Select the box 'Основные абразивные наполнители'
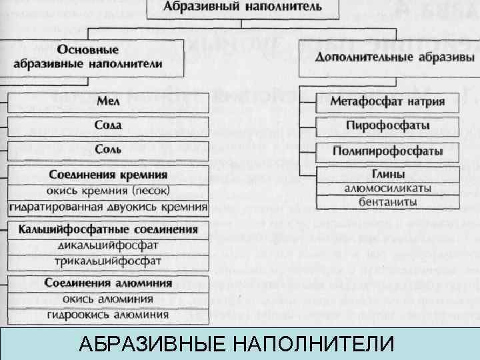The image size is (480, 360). (109, 56)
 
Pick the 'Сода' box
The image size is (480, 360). (109, 125)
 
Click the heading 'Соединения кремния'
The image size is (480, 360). (109, 175)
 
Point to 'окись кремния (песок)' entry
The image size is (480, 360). (109, 191)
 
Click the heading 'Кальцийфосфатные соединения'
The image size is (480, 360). (109, 230)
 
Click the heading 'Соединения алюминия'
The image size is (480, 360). (109, 283)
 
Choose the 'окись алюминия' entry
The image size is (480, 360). (109, 298)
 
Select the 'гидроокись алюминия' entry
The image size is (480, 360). (109, 315)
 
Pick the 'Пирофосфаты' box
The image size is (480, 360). (387, 125)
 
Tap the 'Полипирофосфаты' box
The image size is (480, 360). (387, 151)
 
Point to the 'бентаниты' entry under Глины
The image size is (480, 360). (387, 201)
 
